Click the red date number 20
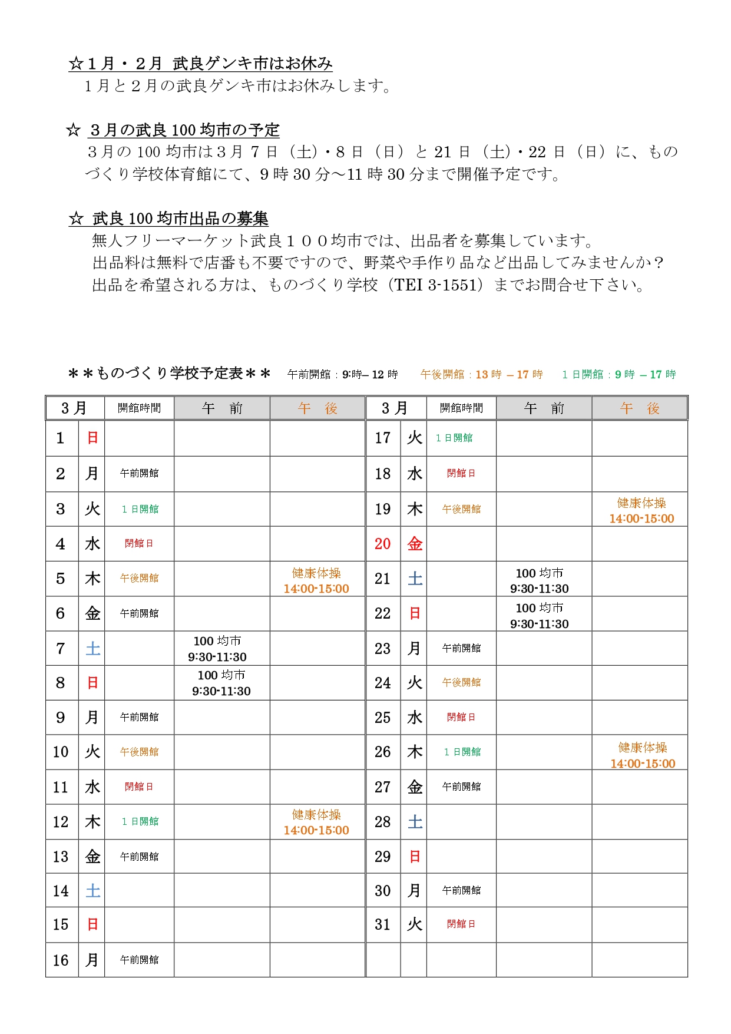click(x=383, y=544)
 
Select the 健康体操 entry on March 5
click(x=316, y=580)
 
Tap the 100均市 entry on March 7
click(x=217, y=649)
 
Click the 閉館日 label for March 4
click(x=139, y=543)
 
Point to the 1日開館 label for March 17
click(x=454, y=438)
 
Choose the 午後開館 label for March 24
click(x=461, y=682)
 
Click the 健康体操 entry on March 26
click(x=643, y=755)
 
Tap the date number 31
click(x=383, y=924)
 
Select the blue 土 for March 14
click(x=92, y=891)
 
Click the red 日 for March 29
click(x=415, y=857)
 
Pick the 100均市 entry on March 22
click(x=540, y=616)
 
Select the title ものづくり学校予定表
click(x=170, y=374)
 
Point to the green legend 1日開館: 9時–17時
click(x=618, y=375)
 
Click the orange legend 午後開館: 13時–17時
click(x=481, y=375)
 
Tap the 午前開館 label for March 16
click(x=139, y=960)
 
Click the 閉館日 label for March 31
click(x=461, y=924)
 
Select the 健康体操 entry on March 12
click(x=316, y=822)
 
